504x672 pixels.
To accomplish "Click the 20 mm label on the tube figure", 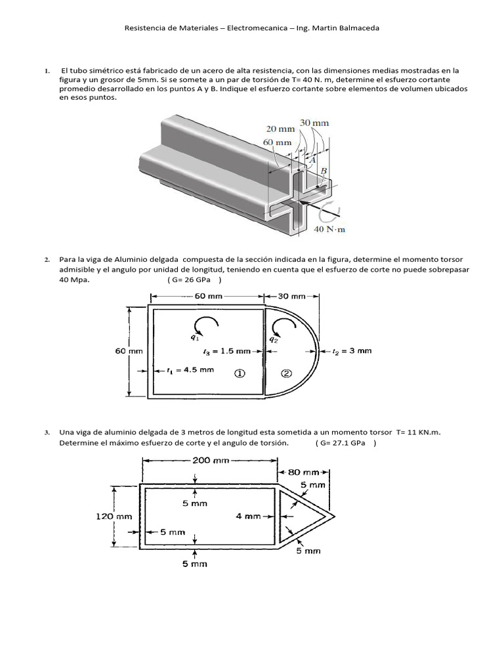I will pos(280,129).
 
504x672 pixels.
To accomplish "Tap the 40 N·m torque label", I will pos(329,229).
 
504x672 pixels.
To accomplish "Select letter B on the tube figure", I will pos(324,171).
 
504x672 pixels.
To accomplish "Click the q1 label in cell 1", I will pos(195,337).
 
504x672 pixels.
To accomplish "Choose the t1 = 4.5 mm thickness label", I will pos(190,369).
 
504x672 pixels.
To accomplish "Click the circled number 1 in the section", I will pos(240,373).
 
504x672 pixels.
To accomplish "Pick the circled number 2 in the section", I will pos(286,373).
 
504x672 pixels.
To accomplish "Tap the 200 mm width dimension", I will pos(210,460).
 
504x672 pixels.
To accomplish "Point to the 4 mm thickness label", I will pos(249,516).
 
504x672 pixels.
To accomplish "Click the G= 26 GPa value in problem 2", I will pos(195,280).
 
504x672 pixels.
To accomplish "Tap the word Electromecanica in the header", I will pos(257,28).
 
